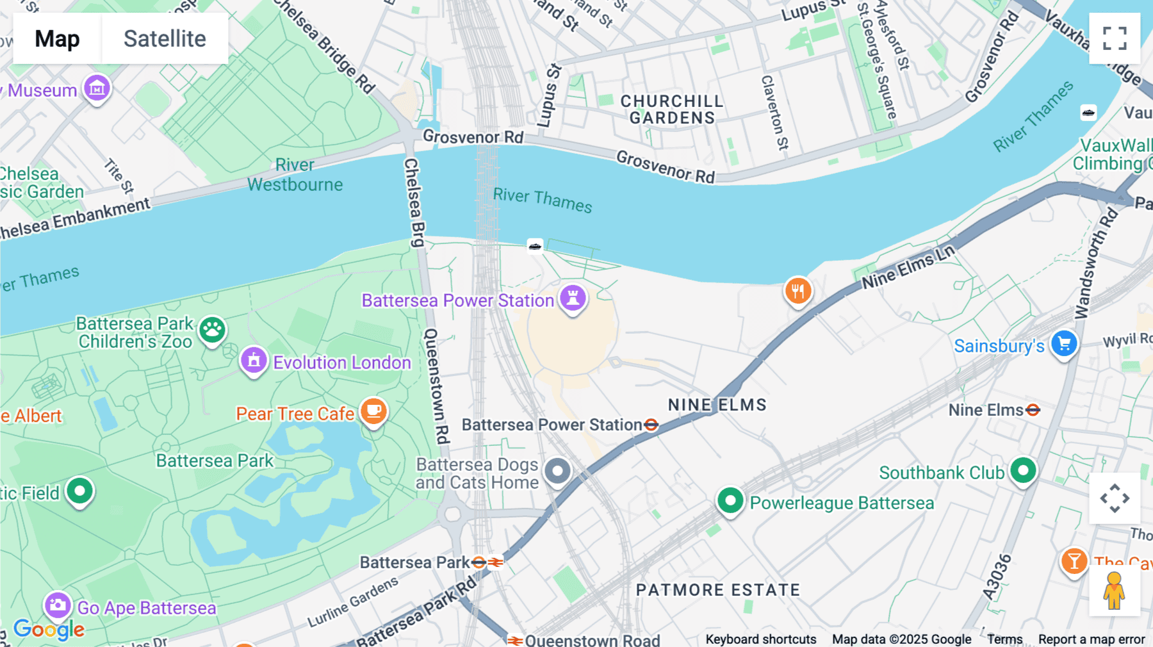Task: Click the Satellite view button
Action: [x=165, y=38]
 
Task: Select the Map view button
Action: [x=57, y=38]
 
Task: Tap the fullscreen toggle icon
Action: [x=1115, y=38]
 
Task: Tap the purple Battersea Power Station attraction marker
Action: [x=573, y=298]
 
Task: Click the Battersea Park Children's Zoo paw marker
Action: [x=212, y=330]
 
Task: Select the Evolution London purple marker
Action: [x=254, y=360]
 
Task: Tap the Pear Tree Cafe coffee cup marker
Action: [x=373, y=411]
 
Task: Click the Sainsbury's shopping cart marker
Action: [x=1064, y=344]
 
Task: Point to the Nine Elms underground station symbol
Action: [x=1033, y=410]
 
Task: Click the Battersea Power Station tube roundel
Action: [x=651, y=425]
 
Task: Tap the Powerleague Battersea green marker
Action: [x=730, y=500]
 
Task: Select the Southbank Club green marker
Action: [x=1023, y=471]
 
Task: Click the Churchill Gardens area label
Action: [x=672, y=110]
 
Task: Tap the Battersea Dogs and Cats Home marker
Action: [x=557, y=471]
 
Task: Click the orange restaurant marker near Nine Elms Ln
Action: [x=798, y=291]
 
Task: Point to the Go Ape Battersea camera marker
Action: [x=58, y=605]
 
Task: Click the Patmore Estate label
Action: [x=717, y=590]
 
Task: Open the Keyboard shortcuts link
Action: [x=760, y=639]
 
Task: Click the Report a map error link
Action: [x=1092, y=639]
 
